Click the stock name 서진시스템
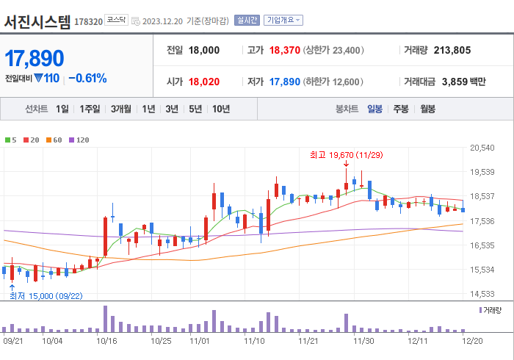tap(37, 21)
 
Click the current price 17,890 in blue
tap(35, 58)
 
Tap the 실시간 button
tap(246, 21)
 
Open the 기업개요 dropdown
tap(283, 21)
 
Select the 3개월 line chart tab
tap(121, 109)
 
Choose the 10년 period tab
tap(220, 109)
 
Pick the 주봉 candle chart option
tap(401, 109)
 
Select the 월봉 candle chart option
tap(427, 109)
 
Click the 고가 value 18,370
tap(284, 51)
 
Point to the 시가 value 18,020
tap(204, 82)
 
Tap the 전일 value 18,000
tap(204, 51)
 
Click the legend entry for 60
tap(56, 140)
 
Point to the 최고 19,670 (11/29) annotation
tap(346, 155)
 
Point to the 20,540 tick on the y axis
tap(482, 148)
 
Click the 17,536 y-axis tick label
tap(482, 221)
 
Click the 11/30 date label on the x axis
tap(363, 341)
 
